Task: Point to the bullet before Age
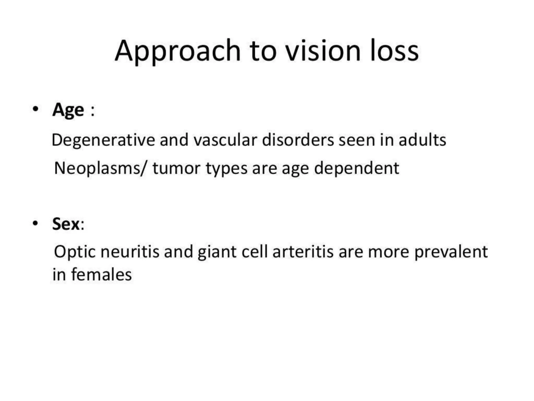(36, 109)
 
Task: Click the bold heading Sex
(66, 224)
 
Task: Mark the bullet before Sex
(36, 223)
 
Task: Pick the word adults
(422, 140)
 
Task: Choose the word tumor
(177, 168)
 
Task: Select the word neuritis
(130, 252)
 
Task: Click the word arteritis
(303, 252)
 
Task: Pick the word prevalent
(451, 252)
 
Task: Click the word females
(101, 275)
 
